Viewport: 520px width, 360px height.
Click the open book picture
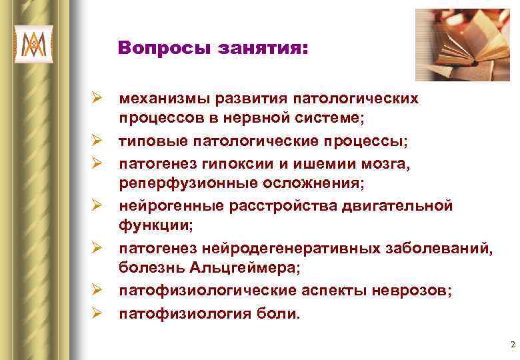(x=462, y=45)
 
